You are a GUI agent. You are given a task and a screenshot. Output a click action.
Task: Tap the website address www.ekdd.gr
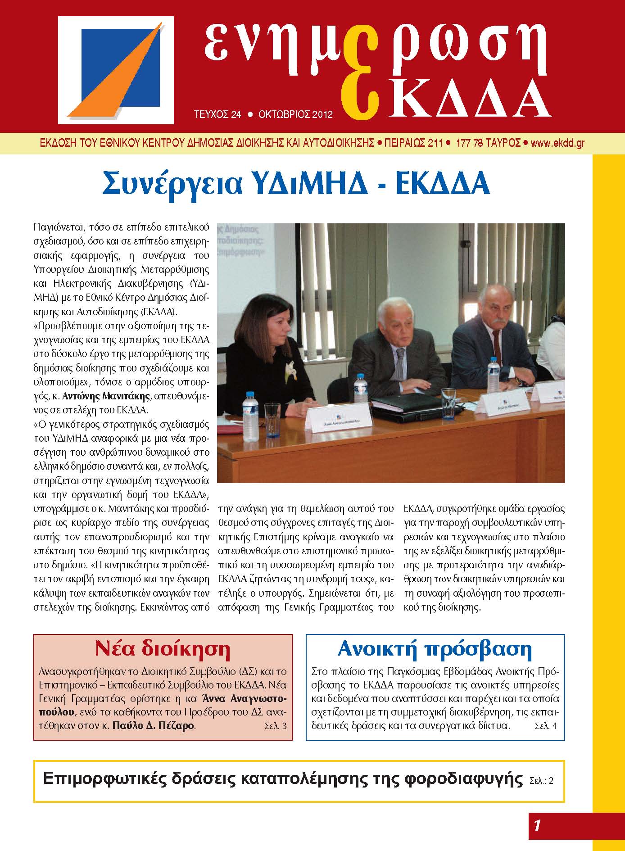558,143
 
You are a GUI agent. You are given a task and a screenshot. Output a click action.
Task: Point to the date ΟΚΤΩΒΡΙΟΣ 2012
295,114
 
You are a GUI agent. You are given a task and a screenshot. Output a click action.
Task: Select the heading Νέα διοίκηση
163,649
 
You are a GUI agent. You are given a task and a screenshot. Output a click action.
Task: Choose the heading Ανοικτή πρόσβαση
435,649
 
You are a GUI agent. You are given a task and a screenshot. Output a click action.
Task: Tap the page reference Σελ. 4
545,726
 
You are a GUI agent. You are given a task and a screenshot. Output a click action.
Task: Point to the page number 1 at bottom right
537,825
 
